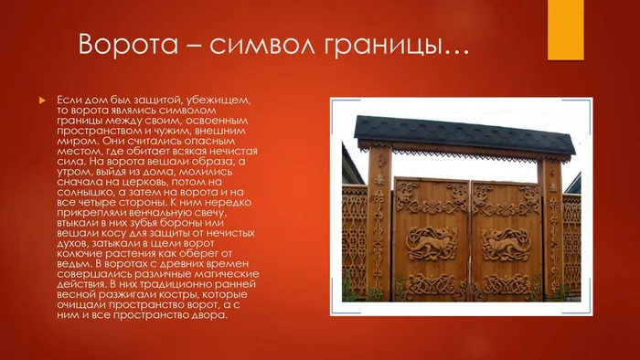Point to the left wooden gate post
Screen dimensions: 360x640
(x=379, y=228)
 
